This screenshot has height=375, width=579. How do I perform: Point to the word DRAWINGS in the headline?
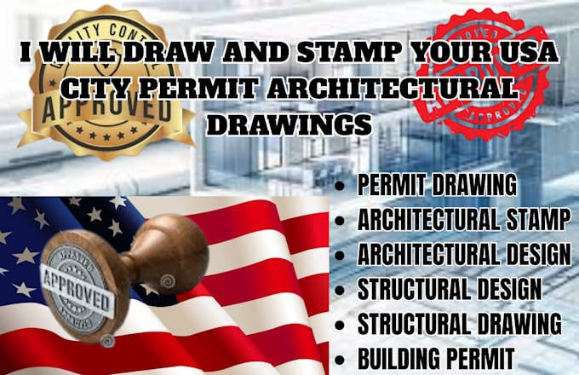point(289,124)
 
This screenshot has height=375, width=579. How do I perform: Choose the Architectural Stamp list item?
point(463,219)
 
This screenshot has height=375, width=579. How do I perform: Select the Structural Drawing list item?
point(459,324)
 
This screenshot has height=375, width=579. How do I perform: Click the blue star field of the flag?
point(51,230)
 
